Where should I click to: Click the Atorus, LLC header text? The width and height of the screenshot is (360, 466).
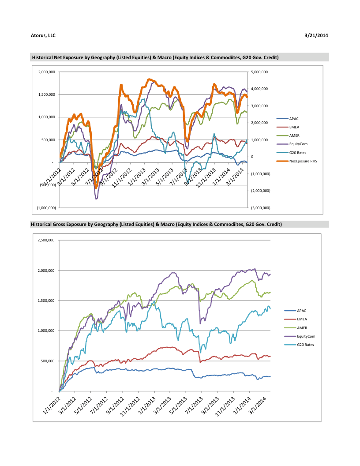tap(43, 35)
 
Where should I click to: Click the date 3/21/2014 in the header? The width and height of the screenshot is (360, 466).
tap(317, 35)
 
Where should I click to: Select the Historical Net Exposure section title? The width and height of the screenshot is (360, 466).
tap(155, 57)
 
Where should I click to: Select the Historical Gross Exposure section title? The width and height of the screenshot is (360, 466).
tap(156, 224)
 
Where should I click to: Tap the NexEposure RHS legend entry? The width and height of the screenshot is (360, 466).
tap(303, 162)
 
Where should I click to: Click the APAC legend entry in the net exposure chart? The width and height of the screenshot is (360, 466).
tap(294, 119)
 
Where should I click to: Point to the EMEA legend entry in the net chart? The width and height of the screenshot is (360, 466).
tap(294, 127)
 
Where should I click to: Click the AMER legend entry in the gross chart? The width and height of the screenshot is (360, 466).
tap(302, 328)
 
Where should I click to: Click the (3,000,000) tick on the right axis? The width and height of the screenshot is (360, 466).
tap(260, 208)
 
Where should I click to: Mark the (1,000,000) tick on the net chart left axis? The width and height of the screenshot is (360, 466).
tap(46, 208)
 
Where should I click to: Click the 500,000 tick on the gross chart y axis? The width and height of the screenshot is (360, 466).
tap(47, 361)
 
